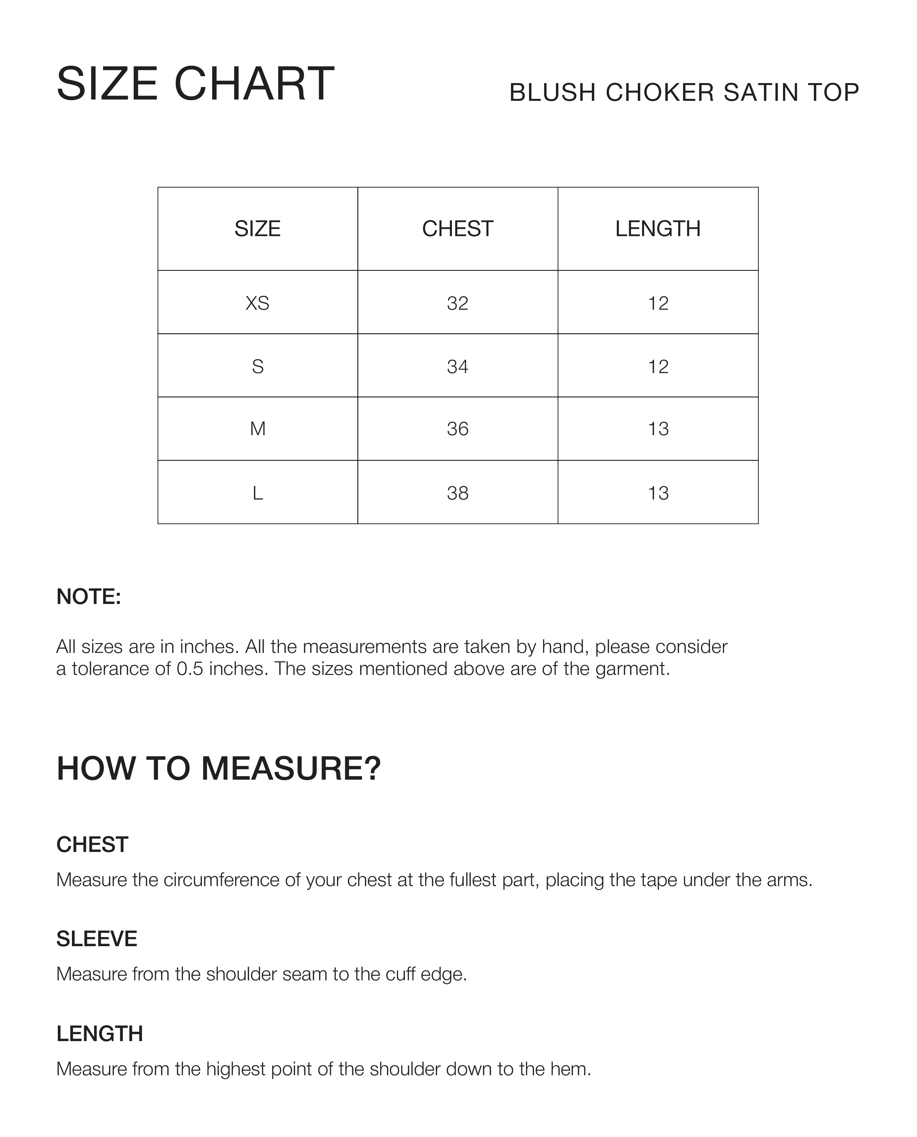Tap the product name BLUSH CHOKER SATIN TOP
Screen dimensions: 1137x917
[x=684, y=92]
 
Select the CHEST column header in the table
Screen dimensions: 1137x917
[x=458, y=229]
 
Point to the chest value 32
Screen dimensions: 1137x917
[x=458, y=303]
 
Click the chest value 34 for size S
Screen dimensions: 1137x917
[x=458, y=367]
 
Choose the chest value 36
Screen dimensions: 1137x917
[x=458, y=429]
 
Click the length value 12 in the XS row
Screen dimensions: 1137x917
[x=658, y=303]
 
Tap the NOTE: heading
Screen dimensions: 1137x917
[x=89, y=597]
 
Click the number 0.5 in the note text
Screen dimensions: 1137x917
[x=190, y=669]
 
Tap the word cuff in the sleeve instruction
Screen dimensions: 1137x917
[x=401, y=974]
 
